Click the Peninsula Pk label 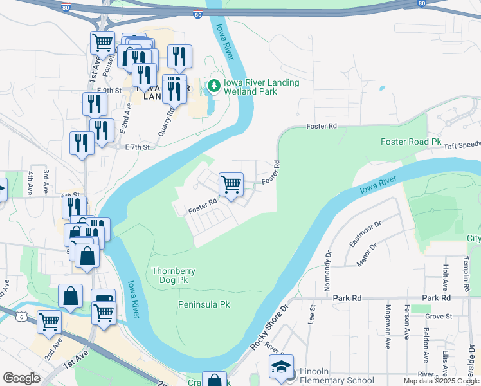point(204,304)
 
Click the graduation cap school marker point(281,367)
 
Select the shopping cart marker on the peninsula point(231,184)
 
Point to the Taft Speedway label point(460,146)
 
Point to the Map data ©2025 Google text point(440,381)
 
